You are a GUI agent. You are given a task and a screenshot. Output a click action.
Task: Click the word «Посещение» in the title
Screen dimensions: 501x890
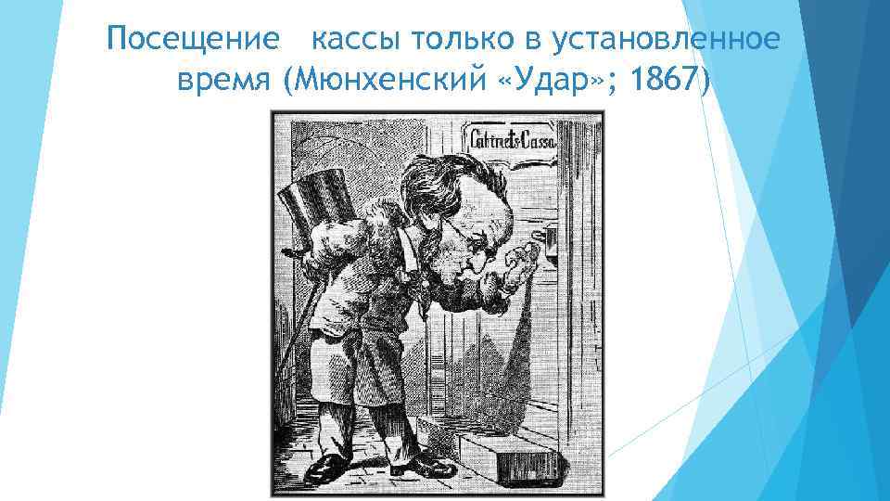(x=192, y=41)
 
